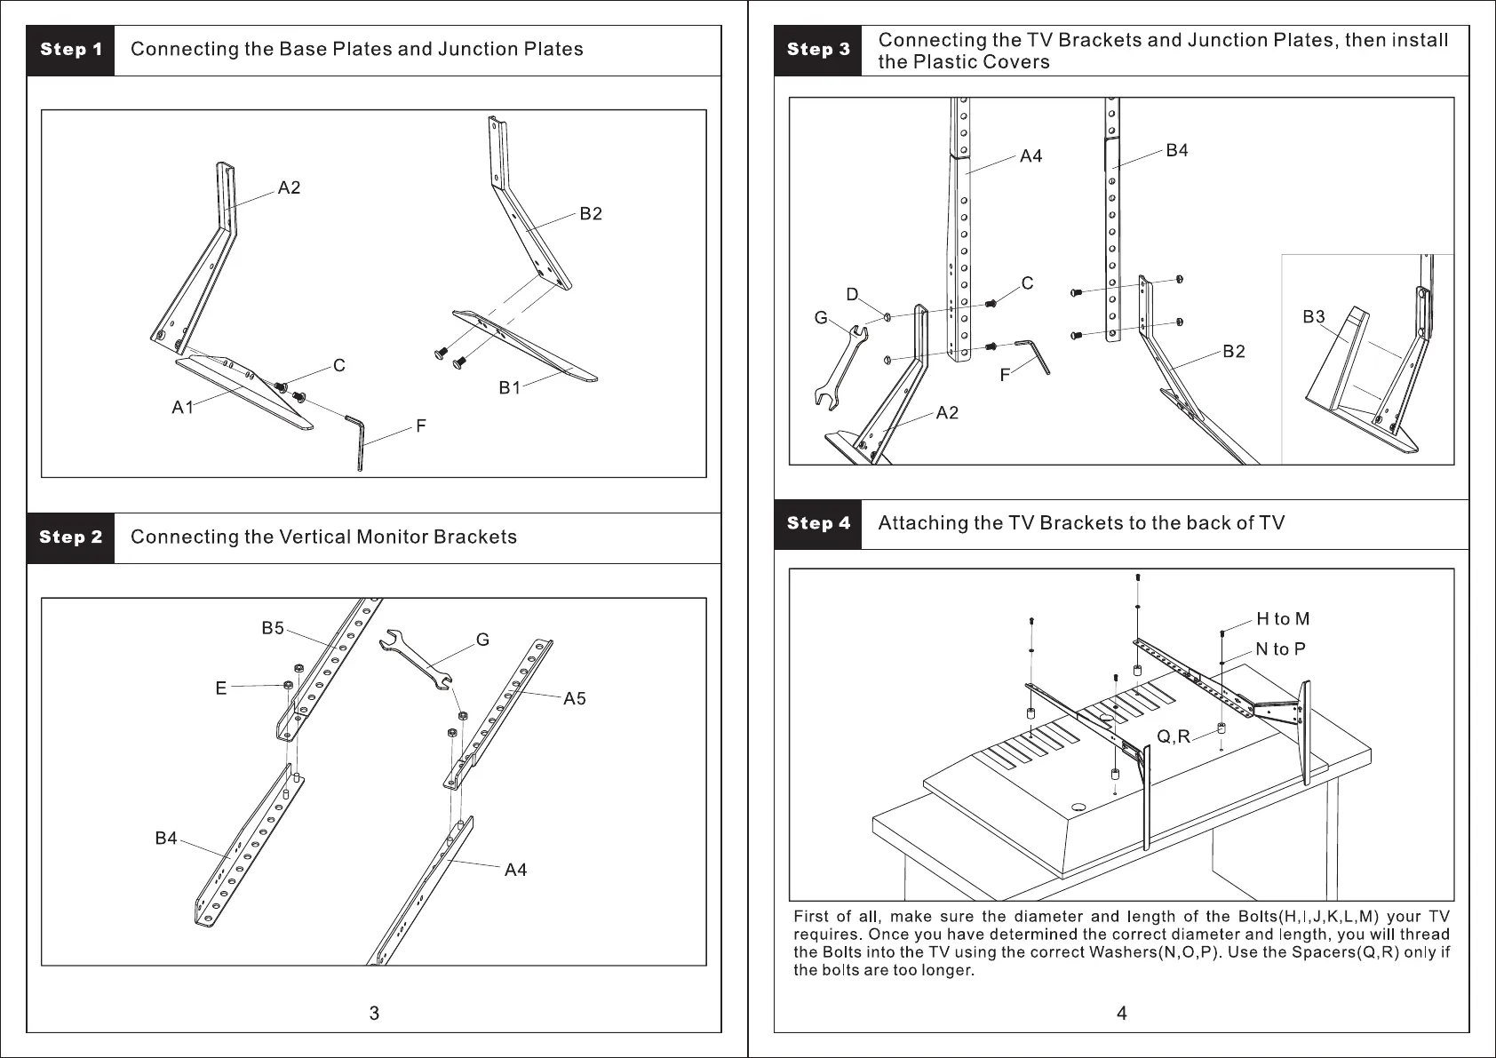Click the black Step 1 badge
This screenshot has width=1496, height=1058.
(71, 50)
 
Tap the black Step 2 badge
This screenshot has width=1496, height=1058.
(71, 537)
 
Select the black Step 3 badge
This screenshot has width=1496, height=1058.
(818, 50)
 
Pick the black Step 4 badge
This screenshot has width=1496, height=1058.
(818, 523)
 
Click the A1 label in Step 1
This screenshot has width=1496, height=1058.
(182, 408)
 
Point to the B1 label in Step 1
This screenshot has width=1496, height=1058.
(510, 388)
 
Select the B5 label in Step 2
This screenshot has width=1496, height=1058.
(273, 629)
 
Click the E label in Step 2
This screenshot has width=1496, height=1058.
(221, 688)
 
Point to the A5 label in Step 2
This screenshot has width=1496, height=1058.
(575, 699)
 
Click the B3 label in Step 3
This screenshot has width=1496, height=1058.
(1314, 317)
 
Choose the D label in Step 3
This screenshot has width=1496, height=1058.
(852, 295)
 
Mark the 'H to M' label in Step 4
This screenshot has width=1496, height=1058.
(1283, 619)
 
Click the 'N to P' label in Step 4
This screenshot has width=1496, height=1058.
(1281, 649)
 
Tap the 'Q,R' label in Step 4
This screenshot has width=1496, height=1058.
(1174, 736)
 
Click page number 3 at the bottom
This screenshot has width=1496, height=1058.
(374, 1014)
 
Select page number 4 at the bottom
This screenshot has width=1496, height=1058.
(1122, 1014)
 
